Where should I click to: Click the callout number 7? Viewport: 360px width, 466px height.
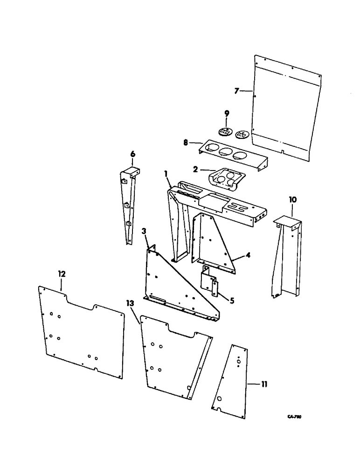236,91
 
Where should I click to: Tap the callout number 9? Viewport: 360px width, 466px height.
227,113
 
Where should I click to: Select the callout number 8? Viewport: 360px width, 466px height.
187,143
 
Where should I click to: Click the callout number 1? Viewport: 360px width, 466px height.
166,173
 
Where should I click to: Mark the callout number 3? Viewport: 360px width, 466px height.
145,231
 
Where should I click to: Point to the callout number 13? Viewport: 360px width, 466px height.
130,304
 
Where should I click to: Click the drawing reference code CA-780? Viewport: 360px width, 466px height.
295,418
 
